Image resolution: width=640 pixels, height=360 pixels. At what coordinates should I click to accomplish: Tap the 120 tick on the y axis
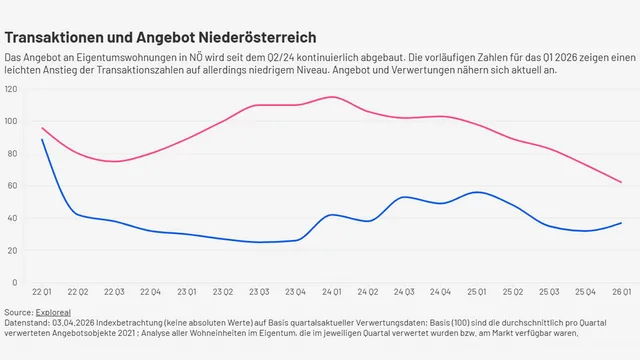pyautogui.click(x=11, y=89)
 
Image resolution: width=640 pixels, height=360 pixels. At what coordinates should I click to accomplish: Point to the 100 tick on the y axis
pyautogui.click(x=11, y=121)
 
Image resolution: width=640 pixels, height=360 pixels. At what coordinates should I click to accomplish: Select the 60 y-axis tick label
pyautogui.click(x=12, y=185)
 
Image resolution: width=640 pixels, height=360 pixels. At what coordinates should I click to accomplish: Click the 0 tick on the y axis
pyautogui.click(x=15, y=281)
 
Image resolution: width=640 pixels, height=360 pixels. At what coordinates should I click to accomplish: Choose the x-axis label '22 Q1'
pyautogui.click(x=42, y=291)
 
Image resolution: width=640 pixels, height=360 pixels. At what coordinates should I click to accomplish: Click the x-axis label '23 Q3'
pyautogui.click(x=260, y=291)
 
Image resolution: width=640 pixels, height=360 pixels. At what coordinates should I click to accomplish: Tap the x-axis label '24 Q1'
pyautogui.click(x=332, y=291)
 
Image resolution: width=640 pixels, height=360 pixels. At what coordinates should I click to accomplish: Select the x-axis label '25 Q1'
pyautogui.click(x=477, y=291)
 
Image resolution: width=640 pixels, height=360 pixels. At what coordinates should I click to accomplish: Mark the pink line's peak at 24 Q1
pyautogui.click(x=332, y=97)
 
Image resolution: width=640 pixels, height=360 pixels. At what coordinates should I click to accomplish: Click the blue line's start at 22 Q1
pyautogui.click(x=42, y=139)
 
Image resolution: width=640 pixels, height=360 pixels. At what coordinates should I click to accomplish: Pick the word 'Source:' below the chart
pyautogui.click(x=18, y=313)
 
